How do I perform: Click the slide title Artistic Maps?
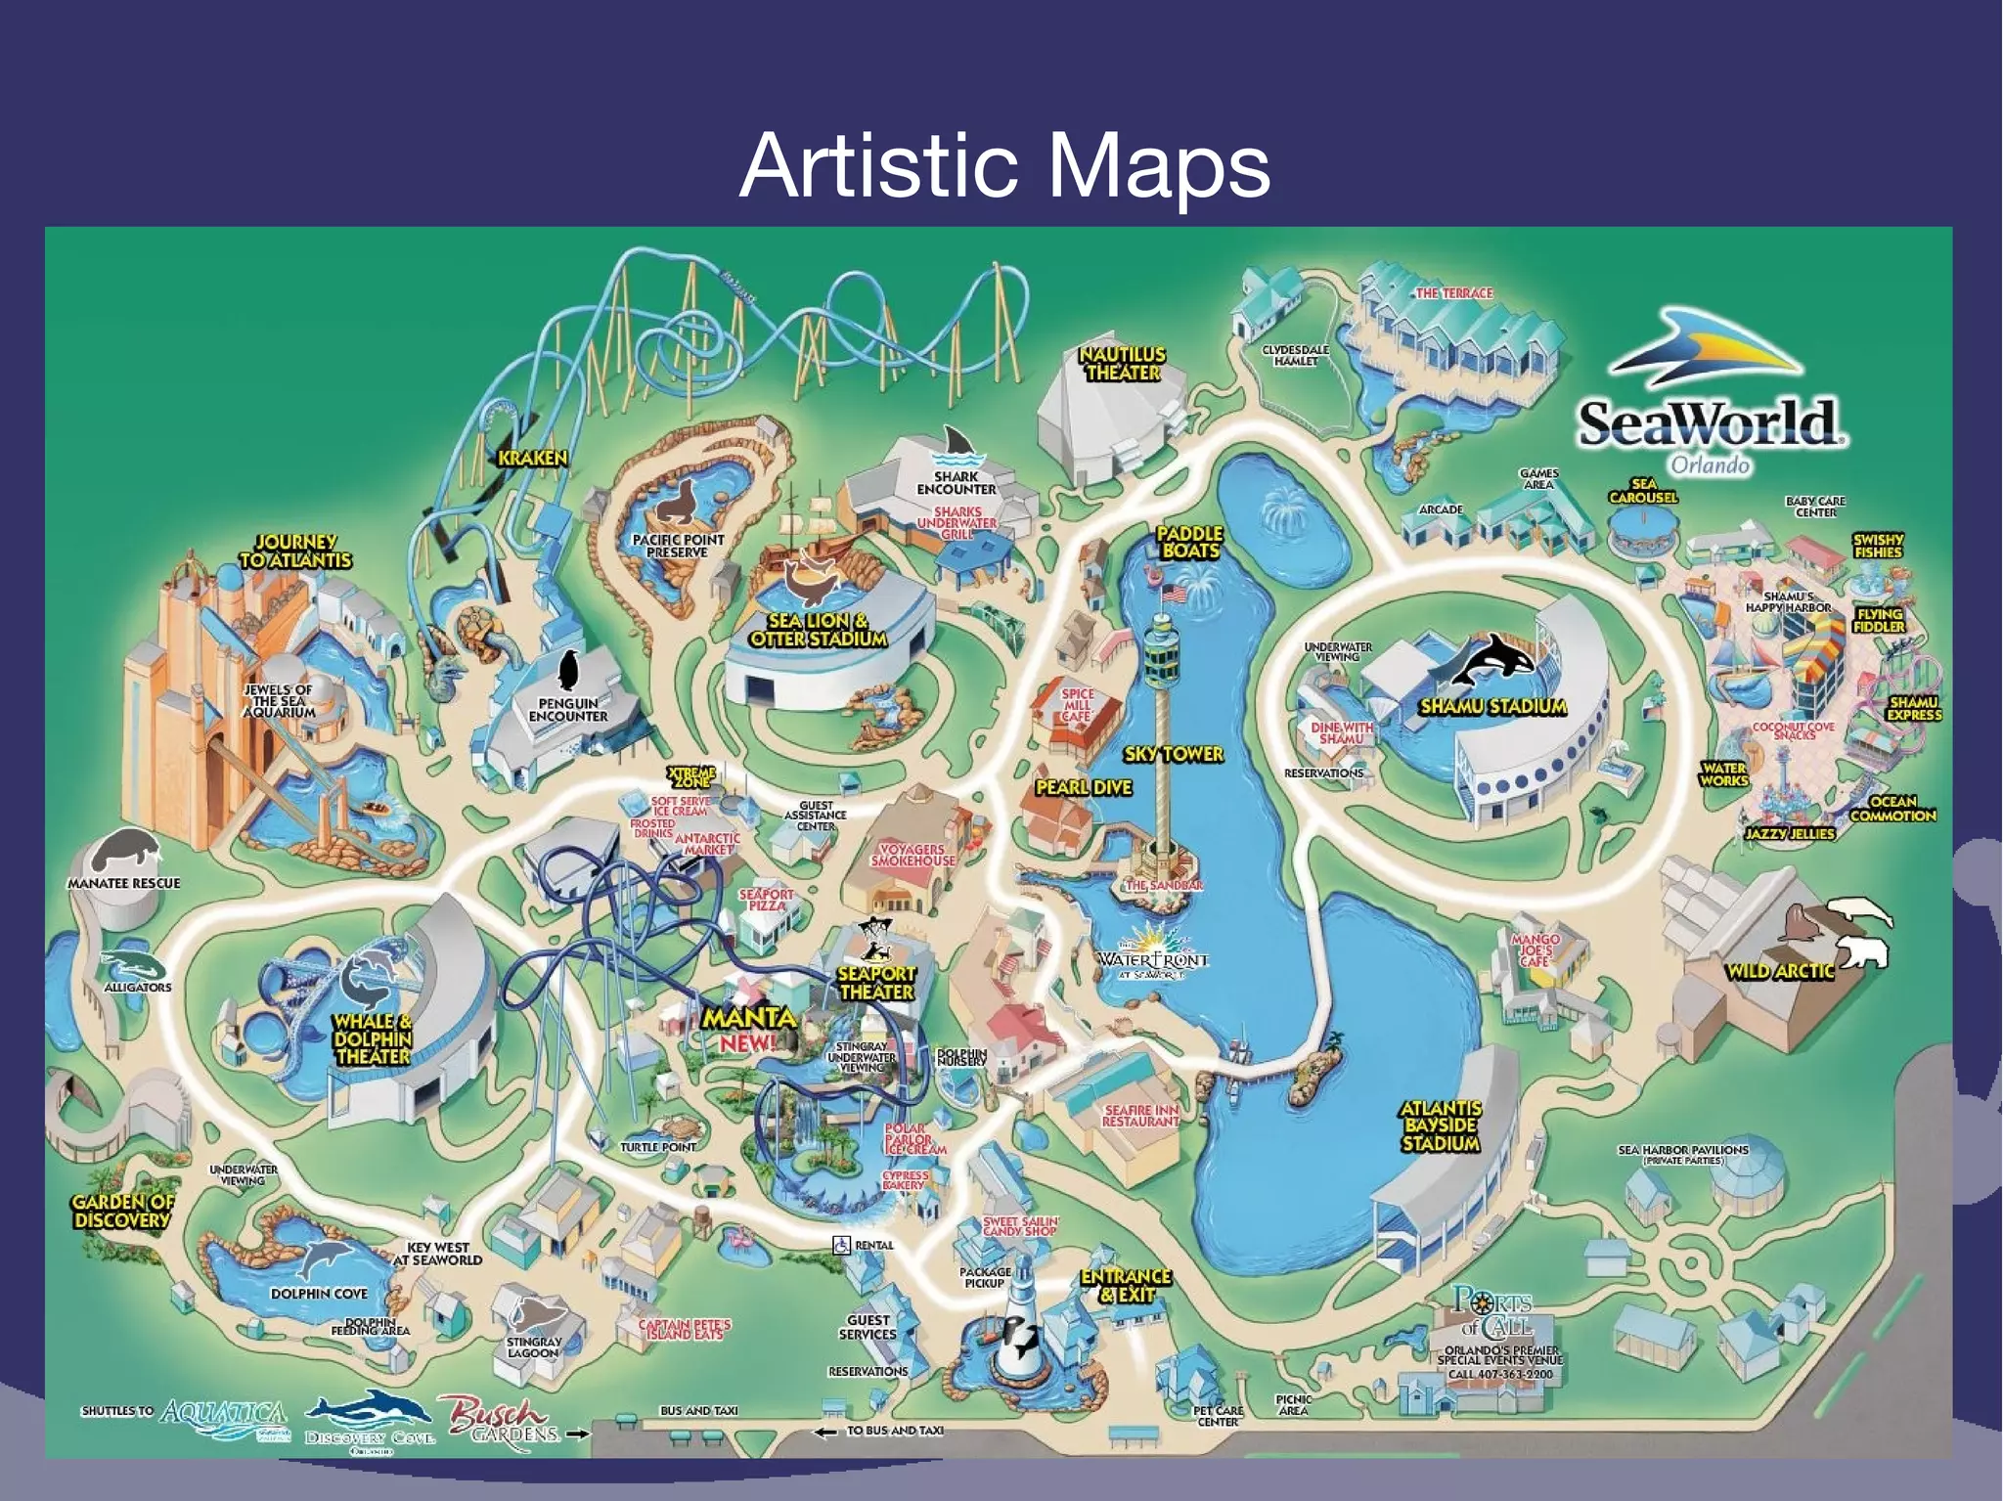pos(1004,166)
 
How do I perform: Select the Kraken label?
pos(532,458)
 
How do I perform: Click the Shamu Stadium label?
pos(1492,706)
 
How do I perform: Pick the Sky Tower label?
pos(1174,754)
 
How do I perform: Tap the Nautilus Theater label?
pos(1122,364)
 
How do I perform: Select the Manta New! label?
pos(750,1029)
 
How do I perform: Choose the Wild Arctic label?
pos(1779,971)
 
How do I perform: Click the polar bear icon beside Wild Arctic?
pos(1863,950)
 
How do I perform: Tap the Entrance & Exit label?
pos(1126,1286)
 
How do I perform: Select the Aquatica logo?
pos(224,1416)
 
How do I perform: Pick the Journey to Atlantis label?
pos(295,551)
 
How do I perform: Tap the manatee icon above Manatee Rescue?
pos(124,849)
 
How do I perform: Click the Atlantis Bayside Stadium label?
pos(1440,1126)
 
